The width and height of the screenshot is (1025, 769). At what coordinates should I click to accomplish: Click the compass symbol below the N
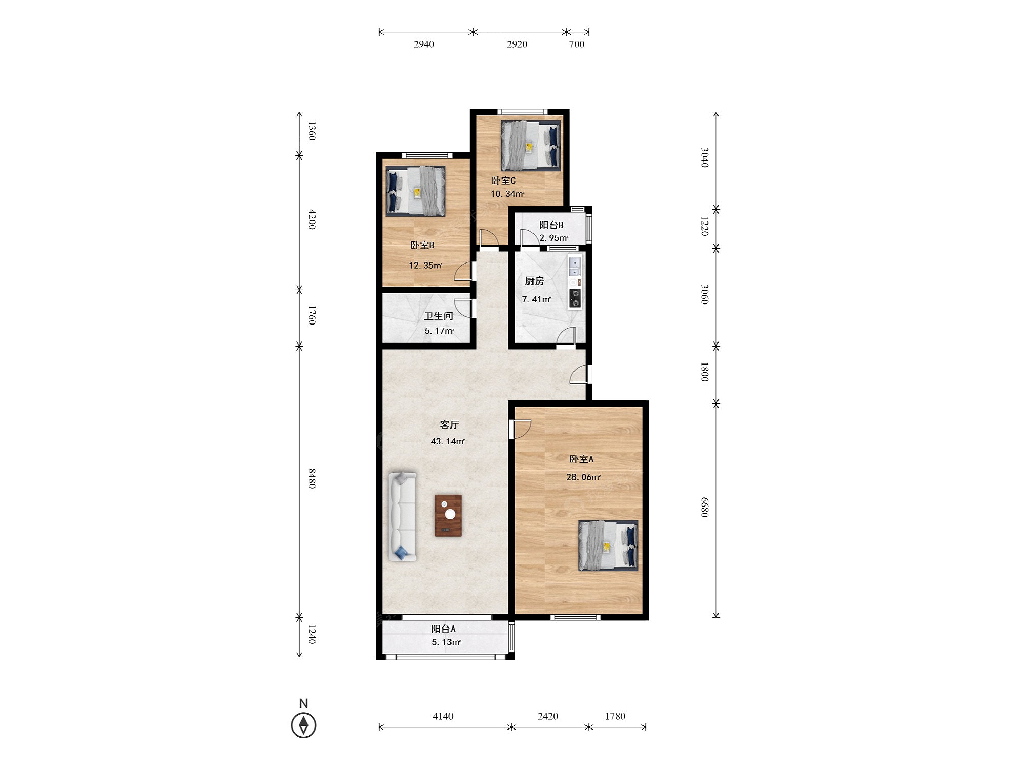pyautogui.click(x=303, y=725)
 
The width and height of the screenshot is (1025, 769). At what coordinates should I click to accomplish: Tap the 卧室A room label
pyautogui.click(x=581, y=459)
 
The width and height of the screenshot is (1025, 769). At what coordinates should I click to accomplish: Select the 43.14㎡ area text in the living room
pyautogui.click(x=448, y=441)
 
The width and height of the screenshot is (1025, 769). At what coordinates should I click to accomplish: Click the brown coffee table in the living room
pyautogui.click(x=448, y=516)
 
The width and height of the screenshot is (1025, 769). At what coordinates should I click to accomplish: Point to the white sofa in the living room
pyautogui.click(x=402, y=516)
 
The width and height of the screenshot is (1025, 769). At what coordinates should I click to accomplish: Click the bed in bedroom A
pyautogui.click(x=608, y=545)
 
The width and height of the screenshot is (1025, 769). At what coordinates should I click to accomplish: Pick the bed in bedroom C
pyautogui.click(x=531, y=146)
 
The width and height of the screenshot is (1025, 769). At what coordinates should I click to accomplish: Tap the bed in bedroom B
pyautogui.click(x=416, y=191)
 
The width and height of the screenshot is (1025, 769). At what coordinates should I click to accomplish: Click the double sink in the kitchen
pyautogui.click(x=575, y=267)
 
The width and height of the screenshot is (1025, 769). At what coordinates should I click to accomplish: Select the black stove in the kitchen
pyautogui.click(x=575, y=299)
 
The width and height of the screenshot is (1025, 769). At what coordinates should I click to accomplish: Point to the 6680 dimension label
pyautogui.click(x=705, y=507)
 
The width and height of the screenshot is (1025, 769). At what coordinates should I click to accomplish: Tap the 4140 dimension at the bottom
pyautogui.click(x=443, y=716)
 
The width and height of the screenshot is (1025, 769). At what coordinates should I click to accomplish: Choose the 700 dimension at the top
pyautogui.click(x=577, y=44)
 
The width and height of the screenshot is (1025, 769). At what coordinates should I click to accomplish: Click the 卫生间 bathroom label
pyautogui.click(x=439, y=316)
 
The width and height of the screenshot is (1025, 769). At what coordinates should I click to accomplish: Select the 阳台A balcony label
pyautogui.click(x=443, y=629)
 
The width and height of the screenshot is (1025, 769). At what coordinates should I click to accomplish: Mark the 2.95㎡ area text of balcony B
pyautogui.click(x=554, y=238)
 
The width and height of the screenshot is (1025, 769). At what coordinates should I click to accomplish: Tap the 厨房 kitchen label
pyautogui.click(x=535, y=281)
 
